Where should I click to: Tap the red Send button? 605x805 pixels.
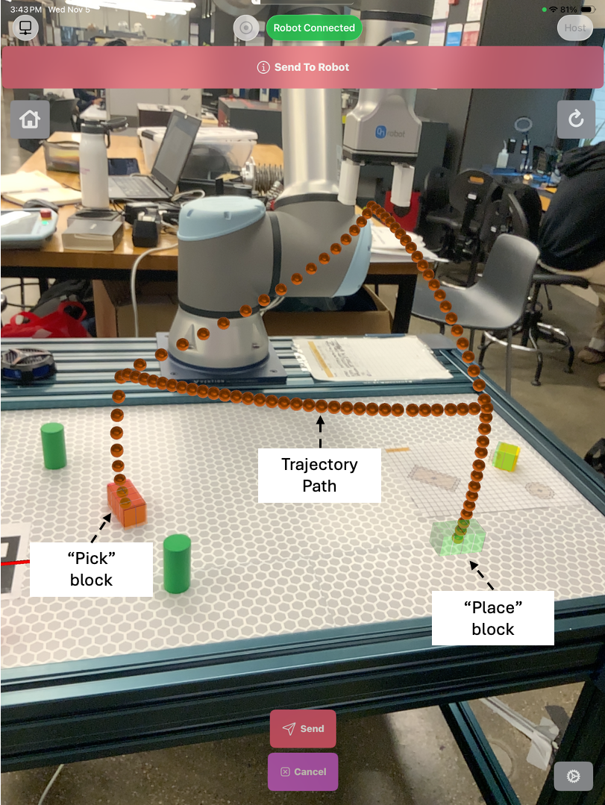(303, 728)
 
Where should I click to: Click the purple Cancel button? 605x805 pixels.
(303, 771)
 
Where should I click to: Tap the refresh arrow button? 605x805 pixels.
(576, 119)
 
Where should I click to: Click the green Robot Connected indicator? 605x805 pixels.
(314, 28)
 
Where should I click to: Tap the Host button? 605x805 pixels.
(574, 28)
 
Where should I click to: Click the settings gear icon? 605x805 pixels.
(573, 776)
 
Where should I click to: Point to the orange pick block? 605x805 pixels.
(126, 501)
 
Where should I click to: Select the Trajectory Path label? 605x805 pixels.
(319, 475)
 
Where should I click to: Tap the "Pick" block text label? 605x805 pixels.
(92, 568)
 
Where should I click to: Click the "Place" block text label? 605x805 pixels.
(493, 618)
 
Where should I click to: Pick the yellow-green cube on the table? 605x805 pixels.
(506, 455)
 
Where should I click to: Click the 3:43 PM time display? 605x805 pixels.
(25, 9)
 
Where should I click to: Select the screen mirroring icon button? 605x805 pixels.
(25, 28)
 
